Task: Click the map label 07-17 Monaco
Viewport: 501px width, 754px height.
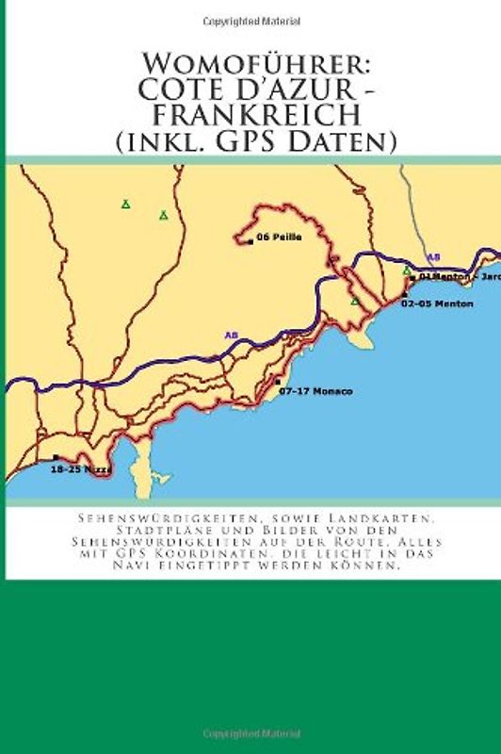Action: (x=315, y=390)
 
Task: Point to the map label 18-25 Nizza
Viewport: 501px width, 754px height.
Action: (x=80, y=468)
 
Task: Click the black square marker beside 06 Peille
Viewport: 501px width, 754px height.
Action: (x=250, y=239)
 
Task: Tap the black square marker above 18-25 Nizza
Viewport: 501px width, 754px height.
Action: (x=56, y=457)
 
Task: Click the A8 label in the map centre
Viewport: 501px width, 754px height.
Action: (x=231, y=335)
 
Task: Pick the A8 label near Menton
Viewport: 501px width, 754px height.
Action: (x=433, y=256)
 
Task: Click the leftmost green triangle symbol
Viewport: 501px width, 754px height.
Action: (x=125, y=204)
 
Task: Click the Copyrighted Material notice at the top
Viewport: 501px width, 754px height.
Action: (x=250, y=18)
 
